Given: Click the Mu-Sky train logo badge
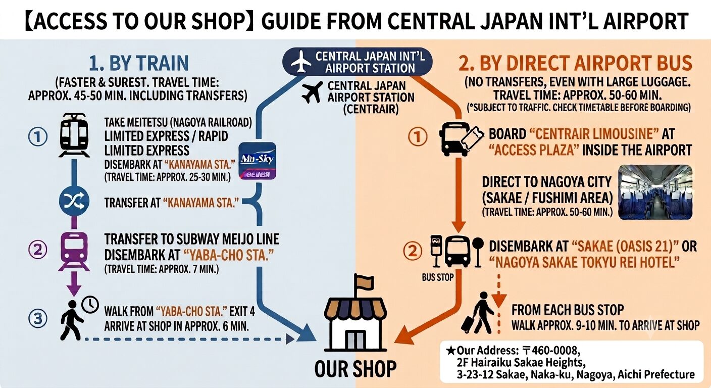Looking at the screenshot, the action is (x=257, y=161).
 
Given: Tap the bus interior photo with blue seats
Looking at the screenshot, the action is (x=655, y=192).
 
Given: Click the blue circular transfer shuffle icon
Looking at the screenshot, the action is (x=74, y=201).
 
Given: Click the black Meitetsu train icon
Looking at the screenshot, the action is (x=74, y=135).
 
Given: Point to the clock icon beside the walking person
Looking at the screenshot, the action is (x=90, y=305).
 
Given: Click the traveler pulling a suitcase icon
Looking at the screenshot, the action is (x=477, y=313).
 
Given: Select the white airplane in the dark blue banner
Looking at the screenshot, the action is (x=300, y=62).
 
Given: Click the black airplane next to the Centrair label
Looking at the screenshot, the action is (x=313, y=92).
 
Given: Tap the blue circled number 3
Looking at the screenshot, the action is (x=38, y=318).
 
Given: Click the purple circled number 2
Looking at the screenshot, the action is (x=38, y=250).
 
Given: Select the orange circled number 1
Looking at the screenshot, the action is (x=418, y=137).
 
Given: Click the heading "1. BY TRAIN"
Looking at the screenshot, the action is (x=139, y=63).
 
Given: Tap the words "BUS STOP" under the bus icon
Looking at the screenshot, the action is (x=438, y=277).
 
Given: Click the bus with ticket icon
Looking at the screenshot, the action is (x=462, y=139).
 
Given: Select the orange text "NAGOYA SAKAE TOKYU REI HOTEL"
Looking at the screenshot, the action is (x=584, y=263).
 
